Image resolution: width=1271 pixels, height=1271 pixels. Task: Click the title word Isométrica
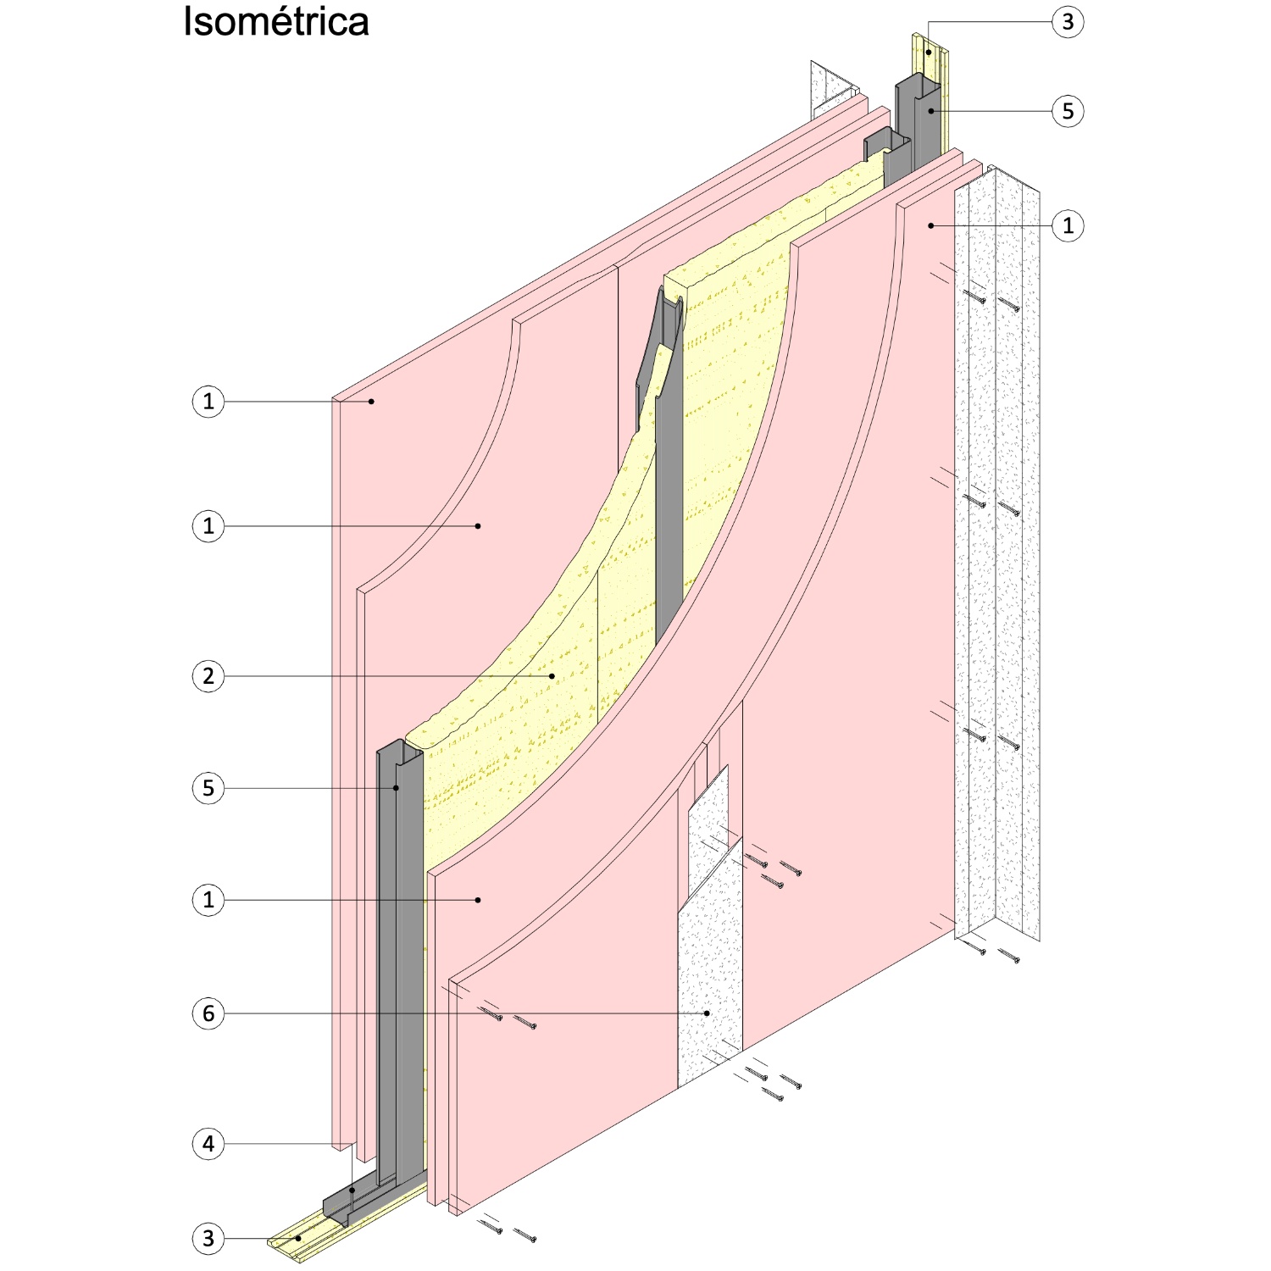pyautogui.click(x=276, y=22)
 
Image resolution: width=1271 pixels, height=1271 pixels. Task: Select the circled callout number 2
pyautogui.click(x=208, y=676)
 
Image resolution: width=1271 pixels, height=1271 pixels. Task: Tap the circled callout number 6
pyautogui.click(x=208, y=1013)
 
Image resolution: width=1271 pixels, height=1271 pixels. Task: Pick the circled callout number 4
pyautogui.click(x=208, y=1144)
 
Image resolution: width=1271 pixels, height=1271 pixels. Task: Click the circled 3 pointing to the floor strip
pyautogui.click(x=208, y=1239)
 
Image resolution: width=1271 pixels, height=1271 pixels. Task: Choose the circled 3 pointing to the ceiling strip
pyautogui.click(x=1068, y=22)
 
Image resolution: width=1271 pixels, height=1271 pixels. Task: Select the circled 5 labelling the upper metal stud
pyautogui.click(x=1068, y=111)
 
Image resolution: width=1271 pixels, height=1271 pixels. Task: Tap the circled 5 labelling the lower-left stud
pyautogui.click(x=208, y=788)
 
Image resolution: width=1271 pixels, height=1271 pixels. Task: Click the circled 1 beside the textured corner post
pyautogui.click(x=1068, y=225)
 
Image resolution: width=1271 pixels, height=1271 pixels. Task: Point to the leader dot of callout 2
pyautogui.click(x=552, y=676)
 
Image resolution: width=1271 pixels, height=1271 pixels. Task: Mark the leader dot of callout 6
pyautogui.click(x=707, y=1013)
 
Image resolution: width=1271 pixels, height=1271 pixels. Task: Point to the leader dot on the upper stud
pyautogui.click(x=930, y=111)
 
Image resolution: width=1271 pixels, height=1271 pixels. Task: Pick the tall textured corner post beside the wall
pyautogui.click(x=998, y=551)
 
